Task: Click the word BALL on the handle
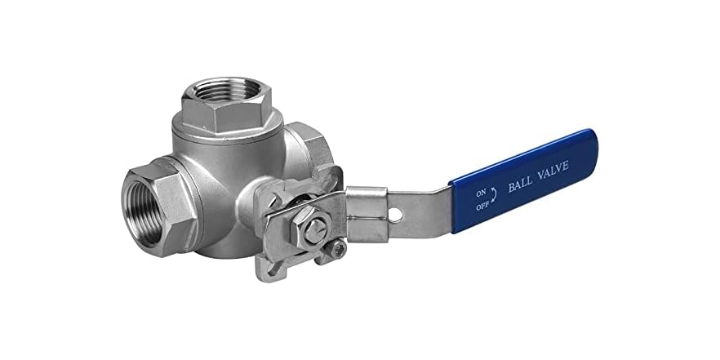[x=522, y=181]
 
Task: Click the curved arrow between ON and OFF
[x=492, y=196]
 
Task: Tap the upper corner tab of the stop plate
[x=333, y=172]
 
